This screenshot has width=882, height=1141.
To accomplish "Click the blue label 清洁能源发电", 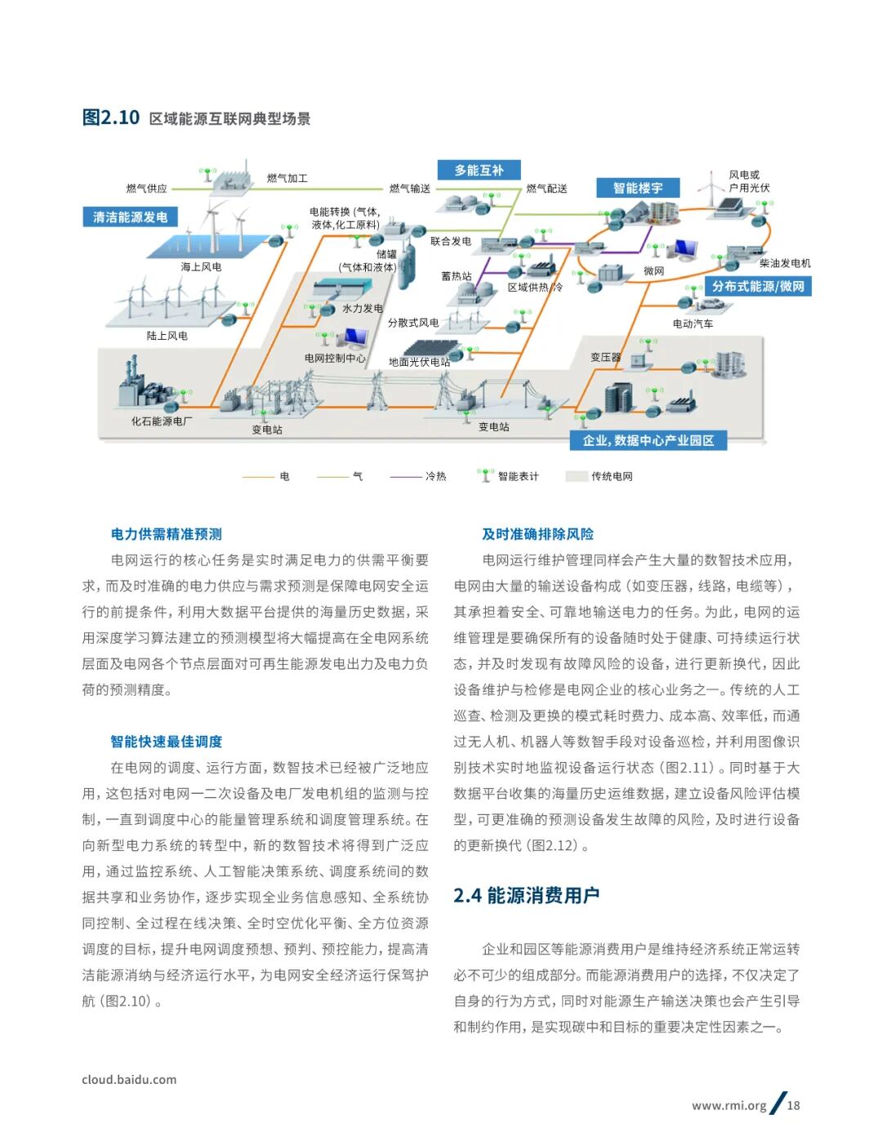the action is (x=130, y=217).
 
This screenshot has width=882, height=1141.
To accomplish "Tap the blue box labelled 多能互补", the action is (x=479, y=171).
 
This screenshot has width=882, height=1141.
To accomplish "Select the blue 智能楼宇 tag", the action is (x=638, y=189).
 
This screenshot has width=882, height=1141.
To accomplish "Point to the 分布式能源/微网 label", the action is (x=758, y=287).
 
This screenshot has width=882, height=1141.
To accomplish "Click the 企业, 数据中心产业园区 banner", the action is (x=648, y=441).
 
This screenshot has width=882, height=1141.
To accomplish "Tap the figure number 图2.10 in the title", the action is (x=111, y=118).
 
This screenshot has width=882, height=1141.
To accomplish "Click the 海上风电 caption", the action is (x=201, y=267).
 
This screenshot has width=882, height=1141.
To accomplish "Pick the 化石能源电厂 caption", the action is (x=163, y=421).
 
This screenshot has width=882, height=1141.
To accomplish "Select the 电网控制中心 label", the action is (x=335, y=358).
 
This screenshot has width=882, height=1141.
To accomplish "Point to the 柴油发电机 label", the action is (x=785, y=263).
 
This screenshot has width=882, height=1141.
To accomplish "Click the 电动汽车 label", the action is (x=693, y=323).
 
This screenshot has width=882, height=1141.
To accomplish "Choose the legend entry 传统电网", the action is (x=612, y=476).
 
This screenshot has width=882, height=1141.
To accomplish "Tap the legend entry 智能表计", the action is (x=518, y=476).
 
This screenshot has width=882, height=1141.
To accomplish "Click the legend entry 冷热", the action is (x=435, y=476).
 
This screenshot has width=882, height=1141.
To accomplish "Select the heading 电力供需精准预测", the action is (x=167, y=534).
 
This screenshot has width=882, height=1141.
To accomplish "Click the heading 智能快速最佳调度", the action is (x=167, y=742).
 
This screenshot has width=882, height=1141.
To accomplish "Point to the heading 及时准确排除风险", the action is (x=537, y=534).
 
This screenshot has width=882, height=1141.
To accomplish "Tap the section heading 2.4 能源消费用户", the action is (x=527, y=896).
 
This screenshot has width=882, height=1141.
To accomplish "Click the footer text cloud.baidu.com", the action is (x=129, y=1080).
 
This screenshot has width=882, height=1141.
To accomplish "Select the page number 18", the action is (x=793, y=1106).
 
